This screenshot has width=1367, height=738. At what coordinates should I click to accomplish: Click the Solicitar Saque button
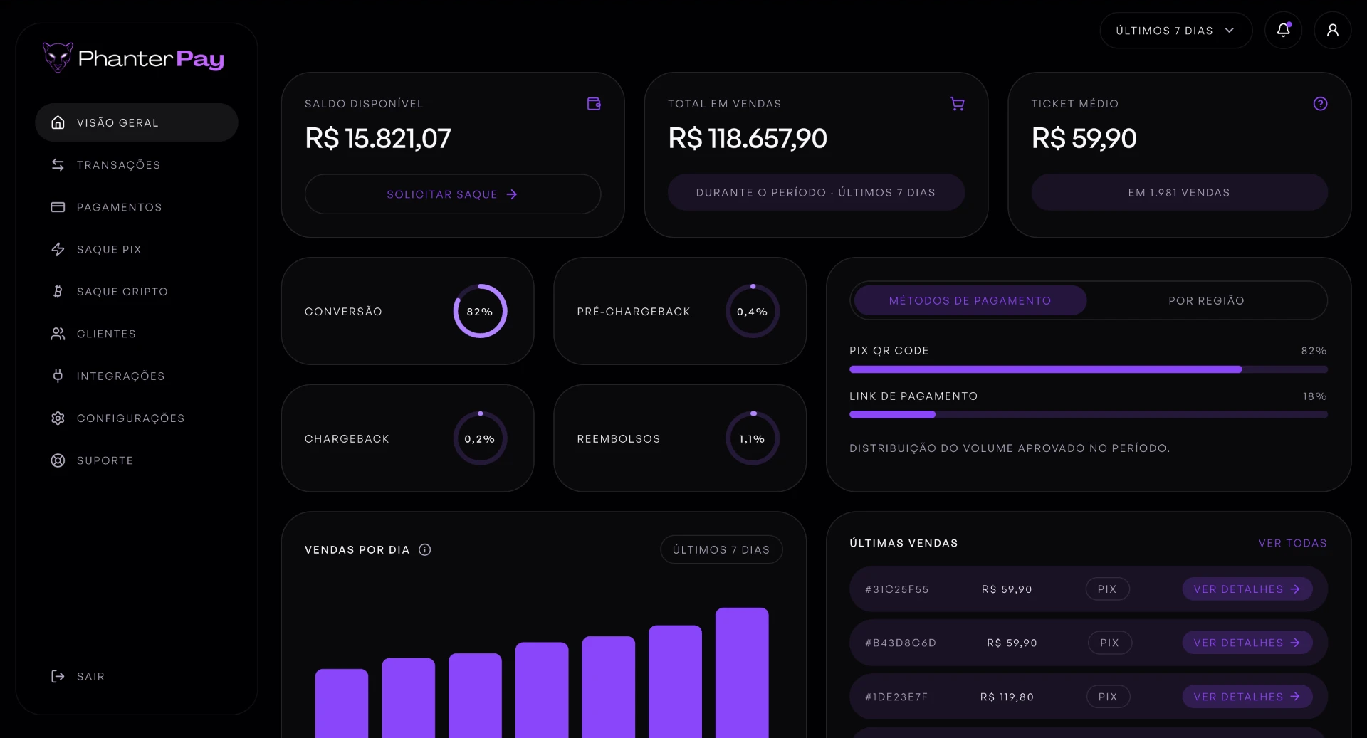(x=452, y=194)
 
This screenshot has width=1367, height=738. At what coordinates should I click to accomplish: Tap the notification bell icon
(x=1283, y=31)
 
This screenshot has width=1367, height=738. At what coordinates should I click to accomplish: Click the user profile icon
(x=1333, y=31)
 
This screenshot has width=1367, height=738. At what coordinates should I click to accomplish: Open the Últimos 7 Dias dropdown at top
(x=1175, y=31)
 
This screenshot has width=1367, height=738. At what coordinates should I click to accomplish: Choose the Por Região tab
(x=1206, y=300)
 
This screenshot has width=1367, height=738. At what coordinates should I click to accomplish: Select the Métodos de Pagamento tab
(x=970, y=300)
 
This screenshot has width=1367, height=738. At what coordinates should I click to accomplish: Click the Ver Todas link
(x=1292, y=543)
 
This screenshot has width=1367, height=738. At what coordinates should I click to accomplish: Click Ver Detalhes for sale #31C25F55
(x=1247, y=589)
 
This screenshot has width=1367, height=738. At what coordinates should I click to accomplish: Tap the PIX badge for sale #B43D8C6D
(x=1109, y=643)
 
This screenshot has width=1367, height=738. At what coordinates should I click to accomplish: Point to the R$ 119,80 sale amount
(x=1007, y=697)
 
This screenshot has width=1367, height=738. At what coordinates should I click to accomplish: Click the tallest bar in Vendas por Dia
(x=742, y=673)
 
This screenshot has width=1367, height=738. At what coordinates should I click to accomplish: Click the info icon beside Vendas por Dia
(x=425, y=549)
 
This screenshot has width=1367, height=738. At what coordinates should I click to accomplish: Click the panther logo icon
(x=58, y=57)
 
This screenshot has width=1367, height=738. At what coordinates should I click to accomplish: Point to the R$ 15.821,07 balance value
(x=378, y=138)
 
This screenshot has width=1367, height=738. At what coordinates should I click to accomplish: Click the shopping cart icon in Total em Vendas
(x=958, y=104)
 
